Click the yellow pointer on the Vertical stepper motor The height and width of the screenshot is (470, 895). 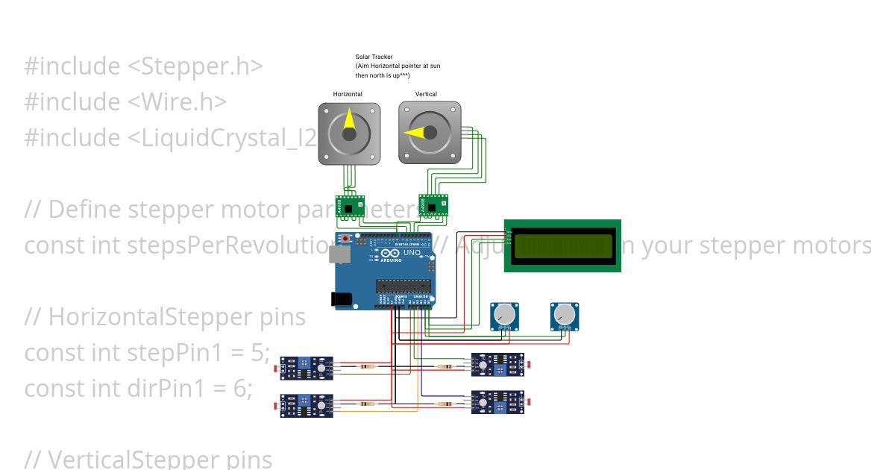tap(416, 133)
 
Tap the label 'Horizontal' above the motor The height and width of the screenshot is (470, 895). tap(348, 94)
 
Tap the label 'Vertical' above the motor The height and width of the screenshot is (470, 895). tap(426, 94)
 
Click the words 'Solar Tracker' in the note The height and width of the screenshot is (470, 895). tap(374, 57)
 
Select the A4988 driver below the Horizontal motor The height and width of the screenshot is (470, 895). tap(349, 207)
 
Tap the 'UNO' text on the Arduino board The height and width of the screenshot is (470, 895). tap(412, 253)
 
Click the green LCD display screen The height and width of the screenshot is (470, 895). tap(562, 245)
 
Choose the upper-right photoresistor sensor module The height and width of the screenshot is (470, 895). tap(497, 365)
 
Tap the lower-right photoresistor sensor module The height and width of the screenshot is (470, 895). tap(497, 402)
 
